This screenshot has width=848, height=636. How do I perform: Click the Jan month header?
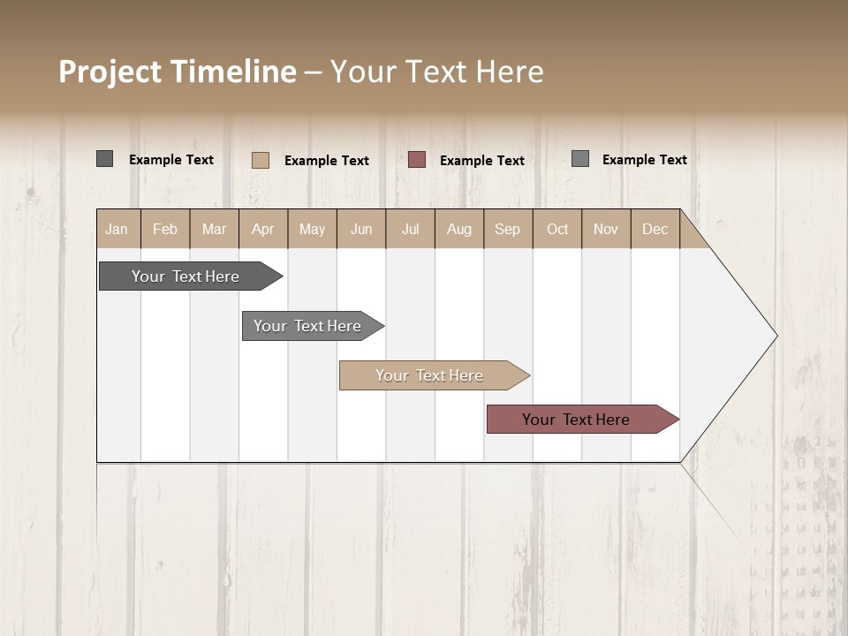pyautogui.click(x=117, y=229)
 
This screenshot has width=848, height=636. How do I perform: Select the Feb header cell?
pyautogui.click(x=165, y=229)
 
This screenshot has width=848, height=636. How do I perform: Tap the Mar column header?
pyautogui.click(x=214, y=229)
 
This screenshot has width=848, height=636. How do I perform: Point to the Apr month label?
pyautogui.click(x=263, y=229)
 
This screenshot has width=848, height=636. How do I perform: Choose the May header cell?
pyautogui.click(x=312, y=229)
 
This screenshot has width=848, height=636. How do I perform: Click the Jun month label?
pyautogui.click(x=361, y=229)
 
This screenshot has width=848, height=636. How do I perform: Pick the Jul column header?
pyautogui.click(x=410, y=229)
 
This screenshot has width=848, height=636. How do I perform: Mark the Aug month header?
pyautogui.click(x=459, y=229)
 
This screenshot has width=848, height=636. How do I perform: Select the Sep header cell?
pyautogui.click(x=508, y=229)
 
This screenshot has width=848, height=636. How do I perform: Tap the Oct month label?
pyautogui.click(x=557, y=229)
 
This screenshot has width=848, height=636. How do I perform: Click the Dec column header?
pyautogui.click(x=655, y=229)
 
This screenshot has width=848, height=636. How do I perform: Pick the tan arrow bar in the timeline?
pyautogui.click(x=430, y=375)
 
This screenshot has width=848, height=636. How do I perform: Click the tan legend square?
pyautogui.click(x=261, y=160)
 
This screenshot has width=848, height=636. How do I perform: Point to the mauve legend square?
pyautogui.click(x=417, y=160)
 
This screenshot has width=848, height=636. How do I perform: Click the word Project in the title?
pyautogui.click(x=110, y=72)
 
